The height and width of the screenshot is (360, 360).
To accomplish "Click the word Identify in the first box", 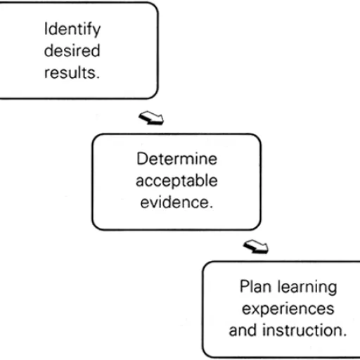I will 72,30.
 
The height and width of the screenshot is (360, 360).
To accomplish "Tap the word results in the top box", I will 71,72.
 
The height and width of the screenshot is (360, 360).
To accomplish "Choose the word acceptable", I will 176,181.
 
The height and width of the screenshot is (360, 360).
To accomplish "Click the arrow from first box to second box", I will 150,117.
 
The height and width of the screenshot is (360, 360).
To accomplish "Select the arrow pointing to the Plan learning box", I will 255,246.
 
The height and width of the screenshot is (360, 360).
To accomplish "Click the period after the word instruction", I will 344,333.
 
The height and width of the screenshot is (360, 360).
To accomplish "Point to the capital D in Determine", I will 142,159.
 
